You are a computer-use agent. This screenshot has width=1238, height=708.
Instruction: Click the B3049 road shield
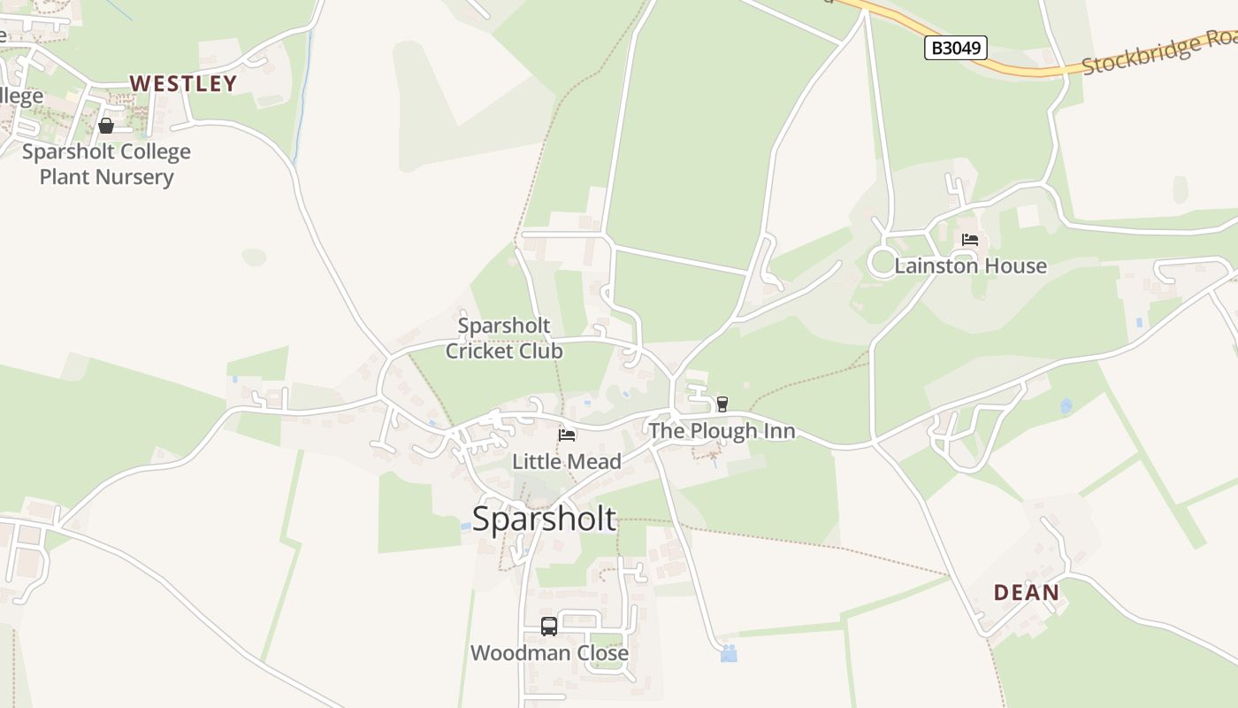(955, 48)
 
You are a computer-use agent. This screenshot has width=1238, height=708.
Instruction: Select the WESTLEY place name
(184, 83)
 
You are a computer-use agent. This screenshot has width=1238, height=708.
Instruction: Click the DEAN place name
(1026, 592)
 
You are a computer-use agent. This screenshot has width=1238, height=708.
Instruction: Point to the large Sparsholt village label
(544, 519)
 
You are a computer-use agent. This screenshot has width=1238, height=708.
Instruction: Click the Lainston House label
(970, 265)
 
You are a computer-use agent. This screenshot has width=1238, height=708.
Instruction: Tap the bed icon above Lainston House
(970, 239)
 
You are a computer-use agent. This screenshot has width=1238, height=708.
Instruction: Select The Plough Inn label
(722, 431)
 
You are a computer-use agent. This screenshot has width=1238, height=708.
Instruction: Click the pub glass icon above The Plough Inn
(722, 404)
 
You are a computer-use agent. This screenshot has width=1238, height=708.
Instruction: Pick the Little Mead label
(567, 461)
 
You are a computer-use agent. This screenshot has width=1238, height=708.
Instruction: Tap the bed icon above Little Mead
(567, 435)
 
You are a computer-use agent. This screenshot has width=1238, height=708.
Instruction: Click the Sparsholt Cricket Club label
(504, 338)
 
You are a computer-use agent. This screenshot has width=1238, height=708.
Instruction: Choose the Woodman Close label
(549, 653)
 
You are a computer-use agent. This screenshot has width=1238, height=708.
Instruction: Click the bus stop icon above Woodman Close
(549, 627)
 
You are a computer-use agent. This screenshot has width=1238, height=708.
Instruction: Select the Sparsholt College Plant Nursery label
(106, 164)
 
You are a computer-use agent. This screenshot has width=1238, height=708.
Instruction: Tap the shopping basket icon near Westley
(106, 126)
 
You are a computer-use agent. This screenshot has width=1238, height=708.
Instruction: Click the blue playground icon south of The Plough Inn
(729, 653)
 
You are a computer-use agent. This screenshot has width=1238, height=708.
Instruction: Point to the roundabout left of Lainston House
(883, 262)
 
